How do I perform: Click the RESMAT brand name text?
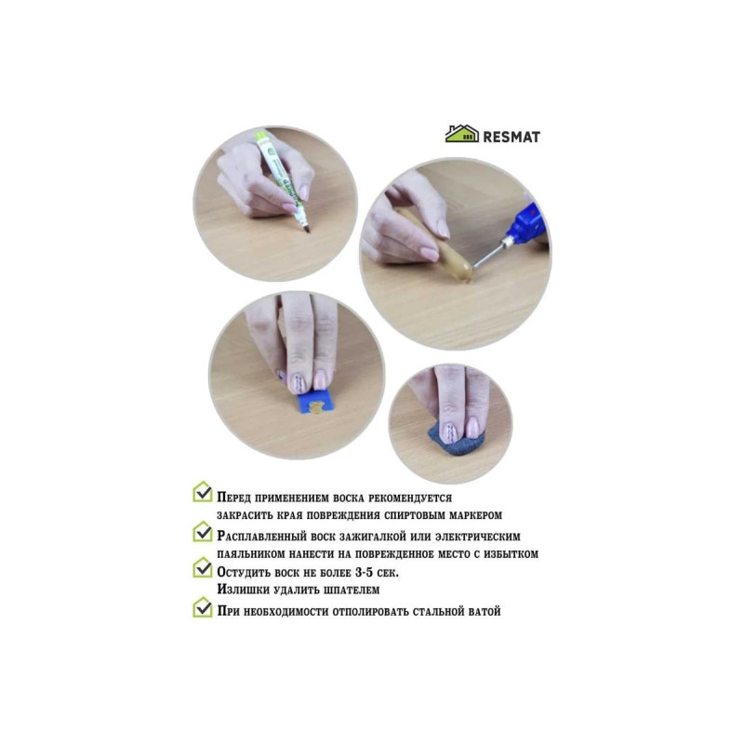point(511,137)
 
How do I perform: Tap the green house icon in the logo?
point(461,134)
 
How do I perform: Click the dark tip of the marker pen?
point(307,229)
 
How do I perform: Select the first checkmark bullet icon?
point(203,492)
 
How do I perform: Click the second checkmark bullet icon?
point(203,532)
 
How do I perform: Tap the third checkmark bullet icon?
point(203,567)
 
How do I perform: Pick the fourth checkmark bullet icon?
point(203,607)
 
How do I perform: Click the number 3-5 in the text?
point(364,572)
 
